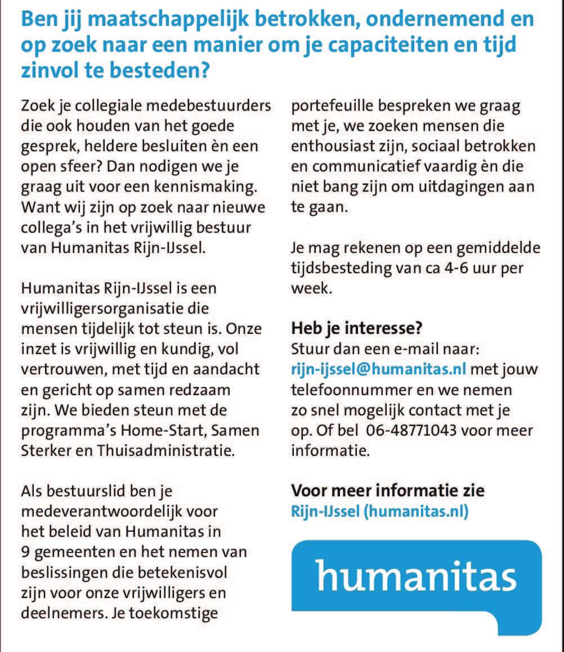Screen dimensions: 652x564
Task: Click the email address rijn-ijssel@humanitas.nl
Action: pyautogui.click(x=378, y=369)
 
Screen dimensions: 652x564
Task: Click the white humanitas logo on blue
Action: pyautogui.click(x=416, y=576)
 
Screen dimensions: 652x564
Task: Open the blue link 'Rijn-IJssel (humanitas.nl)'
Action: pyautogui.click(x=379, y=511)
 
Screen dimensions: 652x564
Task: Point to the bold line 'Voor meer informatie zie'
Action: pyautogui.click(x=387, y=491)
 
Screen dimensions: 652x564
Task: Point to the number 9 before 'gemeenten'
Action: pyautogui.click(x=25, y=551)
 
